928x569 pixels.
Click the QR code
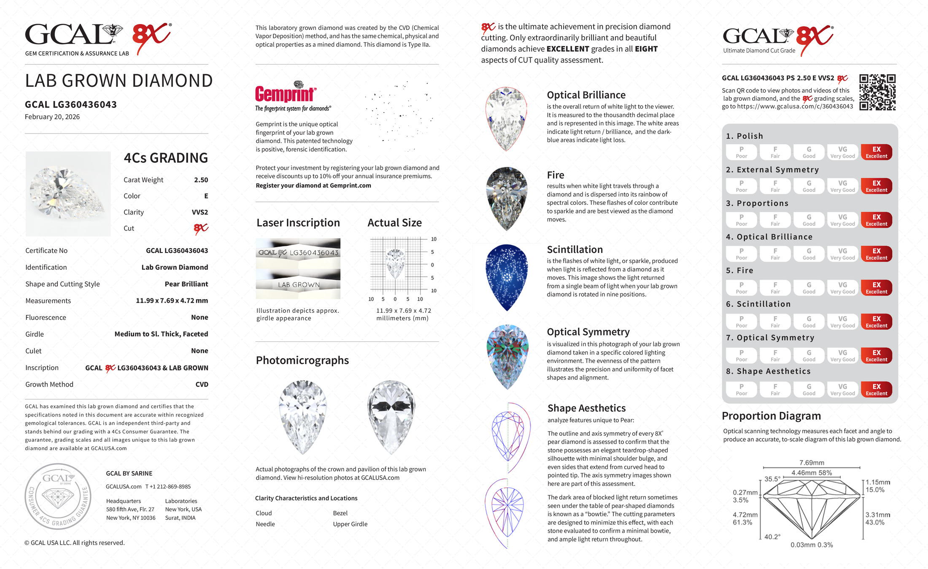coord(877,92)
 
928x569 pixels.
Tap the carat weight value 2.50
coord(201,180)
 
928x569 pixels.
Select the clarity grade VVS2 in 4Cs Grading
coord(200,212)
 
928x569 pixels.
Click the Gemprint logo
coord(286,94)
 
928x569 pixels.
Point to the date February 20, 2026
coord(52,117)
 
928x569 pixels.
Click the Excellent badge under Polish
coord(876,152)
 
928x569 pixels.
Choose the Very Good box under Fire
coord(842,288)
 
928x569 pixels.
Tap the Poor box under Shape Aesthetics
coord(741,389)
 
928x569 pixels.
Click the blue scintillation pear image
coord(507,277)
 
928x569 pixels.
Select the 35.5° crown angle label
coord(772,479)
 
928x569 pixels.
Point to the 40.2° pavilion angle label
coord(772,537)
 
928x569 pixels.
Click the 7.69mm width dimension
coord(812,463)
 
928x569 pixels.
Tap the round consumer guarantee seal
coord(58,497)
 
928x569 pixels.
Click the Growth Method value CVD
coord(202,384)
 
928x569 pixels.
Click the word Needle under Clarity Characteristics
coord(265,524)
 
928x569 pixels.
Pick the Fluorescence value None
coord(200,317)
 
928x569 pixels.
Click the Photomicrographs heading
coord(302,360)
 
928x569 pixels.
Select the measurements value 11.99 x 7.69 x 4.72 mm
coord(172,301)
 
